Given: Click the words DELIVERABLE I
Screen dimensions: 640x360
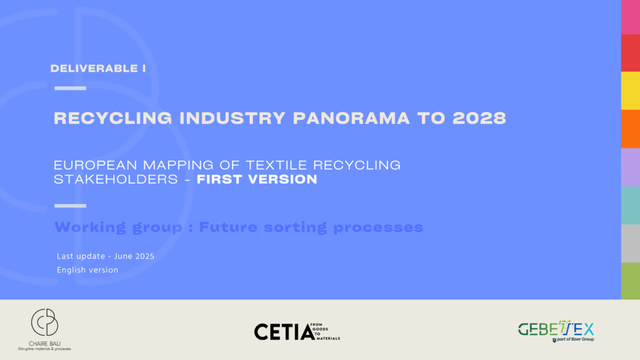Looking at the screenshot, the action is coord(98,68).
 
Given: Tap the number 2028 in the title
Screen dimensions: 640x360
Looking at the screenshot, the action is coord(479,118).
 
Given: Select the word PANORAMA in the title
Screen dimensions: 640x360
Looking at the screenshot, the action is coord(351,118).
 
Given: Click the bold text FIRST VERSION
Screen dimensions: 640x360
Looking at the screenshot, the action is coord(257,179).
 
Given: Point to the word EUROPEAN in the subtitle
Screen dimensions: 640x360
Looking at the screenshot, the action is coord(96,165).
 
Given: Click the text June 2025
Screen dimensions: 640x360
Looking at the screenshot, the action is coord(134,256).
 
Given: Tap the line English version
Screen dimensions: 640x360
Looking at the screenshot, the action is coord(87,270).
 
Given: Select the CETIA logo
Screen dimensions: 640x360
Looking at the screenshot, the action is coord(297,331).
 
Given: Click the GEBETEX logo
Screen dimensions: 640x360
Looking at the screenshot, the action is coord(556,331).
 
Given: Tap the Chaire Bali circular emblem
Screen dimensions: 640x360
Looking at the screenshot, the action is coord(44,322).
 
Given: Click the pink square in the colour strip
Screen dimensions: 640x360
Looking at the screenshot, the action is coord(631,17).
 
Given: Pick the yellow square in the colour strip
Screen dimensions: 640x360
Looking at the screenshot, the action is coord(631,91).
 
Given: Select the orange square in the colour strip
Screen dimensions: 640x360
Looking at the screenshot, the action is coord(631,129).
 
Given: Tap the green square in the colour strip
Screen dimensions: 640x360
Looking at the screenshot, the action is coord(631,281).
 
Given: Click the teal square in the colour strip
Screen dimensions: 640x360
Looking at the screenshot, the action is coord(631,205).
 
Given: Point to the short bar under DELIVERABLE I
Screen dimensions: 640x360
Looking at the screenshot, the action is coord(70,88).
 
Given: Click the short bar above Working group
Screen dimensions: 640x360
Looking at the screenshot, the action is coord(70,206).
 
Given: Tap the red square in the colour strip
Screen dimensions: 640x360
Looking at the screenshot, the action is coord(631,53).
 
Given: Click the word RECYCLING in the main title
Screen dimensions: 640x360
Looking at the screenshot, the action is coord(113,118).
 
